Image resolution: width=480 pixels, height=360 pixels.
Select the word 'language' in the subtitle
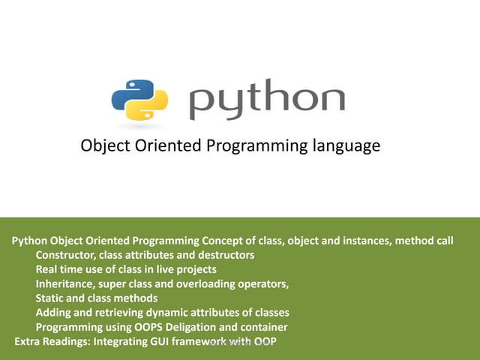click(x=346, y=146)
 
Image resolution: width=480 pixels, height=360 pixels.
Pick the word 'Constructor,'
click(x=67, y=256)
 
